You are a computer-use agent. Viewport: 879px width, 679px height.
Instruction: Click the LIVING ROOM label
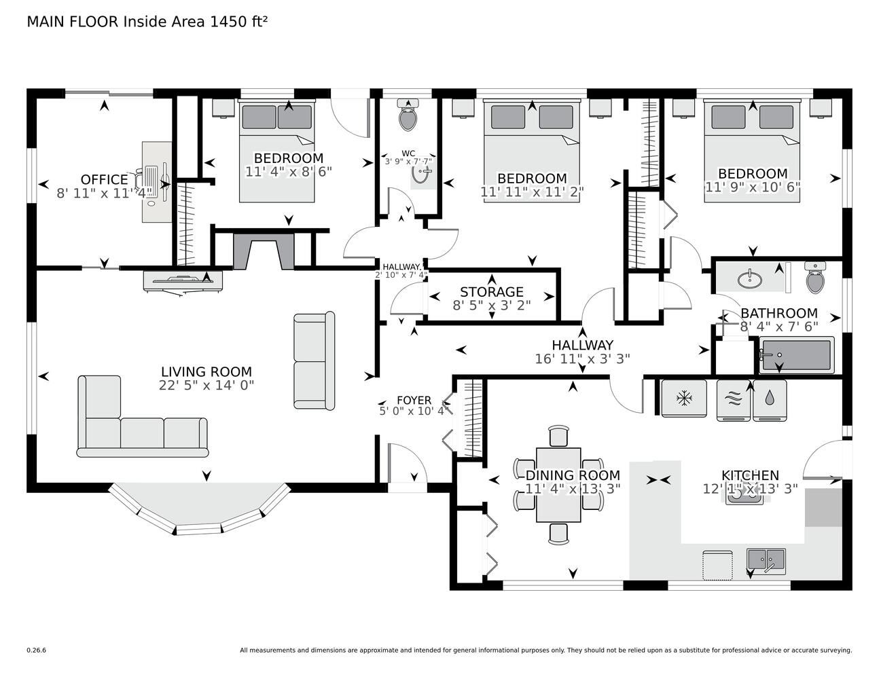click(x=207, y=371)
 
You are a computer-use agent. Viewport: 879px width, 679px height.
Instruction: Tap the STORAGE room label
click(x=492, y=292)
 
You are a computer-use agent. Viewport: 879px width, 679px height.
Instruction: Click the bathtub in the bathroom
click(x=797, y=355)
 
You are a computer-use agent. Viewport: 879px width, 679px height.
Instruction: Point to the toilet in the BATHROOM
click(x=815, y=278)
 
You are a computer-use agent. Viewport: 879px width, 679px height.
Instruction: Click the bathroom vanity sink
click(x=749, y=279)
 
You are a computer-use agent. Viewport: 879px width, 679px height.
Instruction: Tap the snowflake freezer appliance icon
click(x=684, y=399)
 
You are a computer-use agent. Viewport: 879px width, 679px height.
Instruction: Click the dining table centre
click(x=558, y=485)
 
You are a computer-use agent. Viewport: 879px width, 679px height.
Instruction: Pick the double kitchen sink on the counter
click(x=766, y=561)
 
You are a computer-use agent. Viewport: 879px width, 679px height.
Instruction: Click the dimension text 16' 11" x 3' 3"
click(x=583, y=359)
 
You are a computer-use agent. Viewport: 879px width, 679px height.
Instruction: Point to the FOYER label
click(x=414, y=400)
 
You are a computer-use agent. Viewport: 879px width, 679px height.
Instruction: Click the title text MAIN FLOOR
click(x=73, y=22)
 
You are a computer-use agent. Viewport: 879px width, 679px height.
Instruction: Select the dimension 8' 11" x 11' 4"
click(x=105, y=194)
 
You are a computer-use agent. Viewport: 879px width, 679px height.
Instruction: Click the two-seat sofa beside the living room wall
click(x=315, y=361)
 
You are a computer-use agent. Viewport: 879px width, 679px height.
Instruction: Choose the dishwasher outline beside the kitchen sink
click(x=717, y=565)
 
